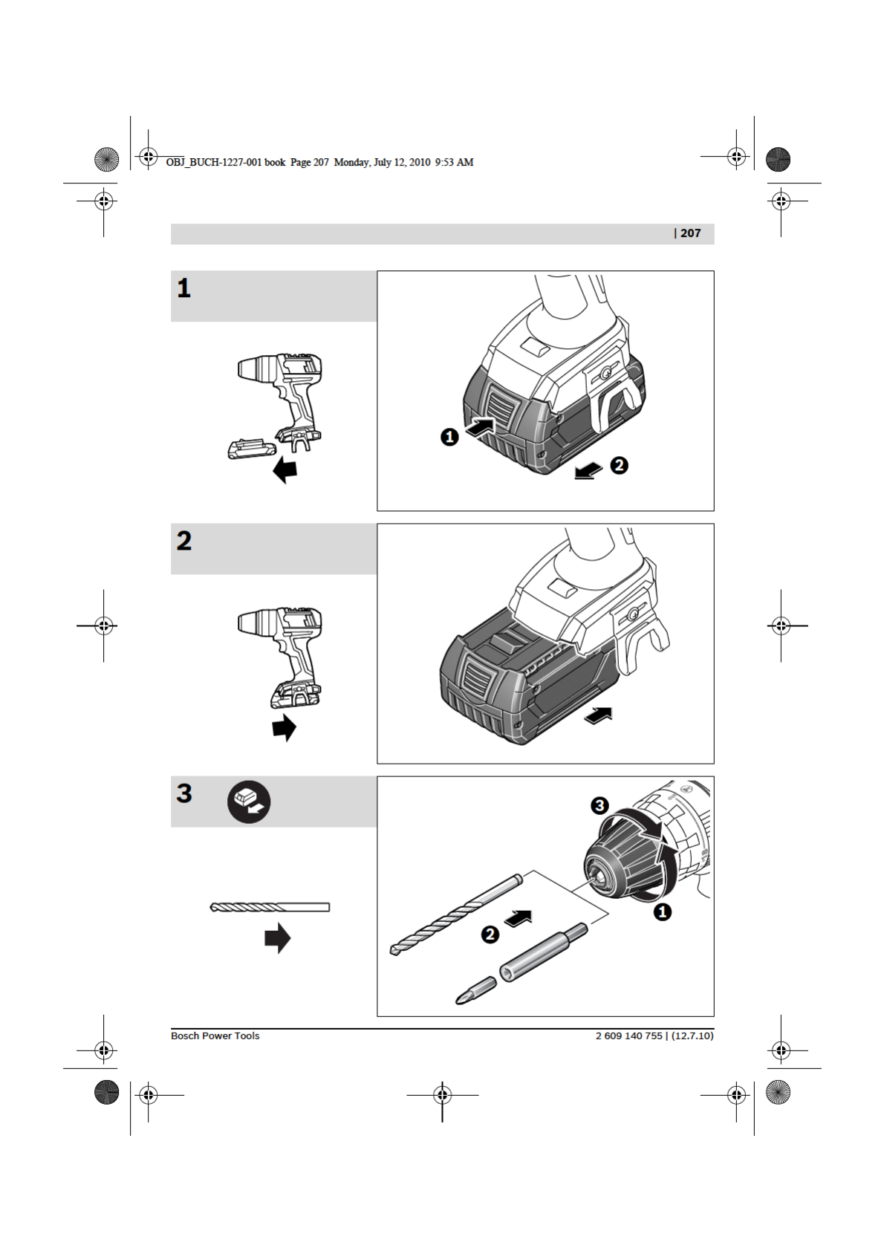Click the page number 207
(x=690, y=233)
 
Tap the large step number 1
(x=183, y=288)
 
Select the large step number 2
(x=184, y=541)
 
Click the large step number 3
(x=184, y=793)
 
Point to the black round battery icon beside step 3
(x=249, y=802)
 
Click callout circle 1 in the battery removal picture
(x=449, y=437)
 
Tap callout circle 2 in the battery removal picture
(x=619, y=465)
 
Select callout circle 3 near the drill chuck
(x=599, y=805)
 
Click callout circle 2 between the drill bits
(x=490, y=934)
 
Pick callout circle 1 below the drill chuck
(x=663, y=912)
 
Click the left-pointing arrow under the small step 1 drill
(x=285, y=469)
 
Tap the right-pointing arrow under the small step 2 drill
(x=285, y=727)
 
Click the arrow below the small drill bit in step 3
(x=278, y=938)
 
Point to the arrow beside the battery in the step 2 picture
(x=599, y=715)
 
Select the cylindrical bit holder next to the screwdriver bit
(x=542, y=952)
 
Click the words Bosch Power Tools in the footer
(x=215, y=1036)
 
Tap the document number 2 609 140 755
(x=628, y=1036)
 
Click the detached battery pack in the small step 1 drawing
(x=251, y=449)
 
